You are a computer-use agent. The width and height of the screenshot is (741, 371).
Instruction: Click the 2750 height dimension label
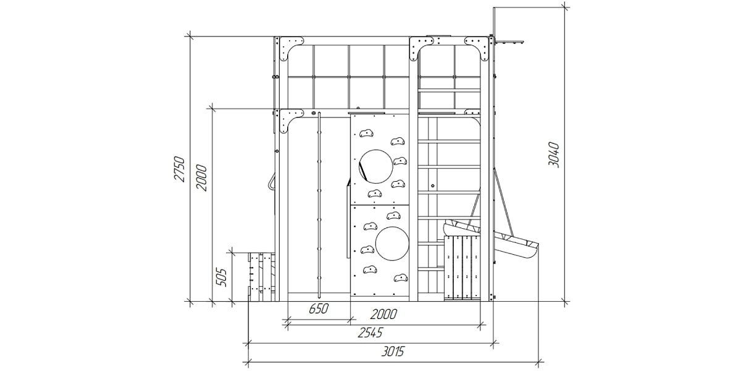[x=180, y=169]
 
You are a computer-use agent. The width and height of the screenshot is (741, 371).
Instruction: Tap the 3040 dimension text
[x=553, y=155]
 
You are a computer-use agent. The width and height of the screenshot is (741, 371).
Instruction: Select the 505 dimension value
[x=221, y=277]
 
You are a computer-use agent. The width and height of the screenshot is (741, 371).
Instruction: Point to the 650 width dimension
[x=319, y=309]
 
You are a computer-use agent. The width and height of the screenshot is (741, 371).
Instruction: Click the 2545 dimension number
[x=370, y=333]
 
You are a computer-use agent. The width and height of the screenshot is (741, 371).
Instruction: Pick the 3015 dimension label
[x=393, y=351]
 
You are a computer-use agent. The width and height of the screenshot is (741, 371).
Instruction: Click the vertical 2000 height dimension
[x=201, y=177]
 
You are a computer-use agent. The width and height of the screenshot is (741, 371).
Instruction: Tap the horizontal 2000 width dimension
[x=383, y=314]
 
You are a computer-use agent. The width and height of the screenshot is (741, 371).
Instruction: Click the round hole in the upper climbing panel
[x=376, y=166]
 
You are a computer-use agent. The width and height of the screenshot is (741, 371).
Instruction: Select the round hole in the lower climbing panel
[x=392, y=244]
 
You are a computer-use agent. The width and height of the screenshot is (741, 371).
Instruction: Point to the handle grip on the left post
[x=271, y=182]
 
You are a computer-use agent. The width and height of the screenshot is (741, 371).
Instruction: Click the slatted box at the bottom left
[x=262, y=277]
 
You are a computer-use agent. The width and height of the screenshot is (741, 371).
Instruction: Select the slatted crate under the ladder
[x=462, y=268]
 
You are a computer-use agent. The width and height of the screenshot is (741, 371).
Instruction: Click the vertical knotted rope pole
[x=319, y=205]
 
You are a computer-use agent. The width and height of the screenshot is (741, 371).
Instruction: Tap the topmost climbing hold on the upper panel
[x=367, y=134]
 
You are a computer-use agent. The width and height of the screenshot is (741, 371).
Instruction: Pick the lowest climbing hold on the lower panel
[x=401, y=278]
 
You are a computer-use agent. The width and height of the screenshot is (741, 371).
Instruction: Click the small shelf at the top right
[x=510, y=42]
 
